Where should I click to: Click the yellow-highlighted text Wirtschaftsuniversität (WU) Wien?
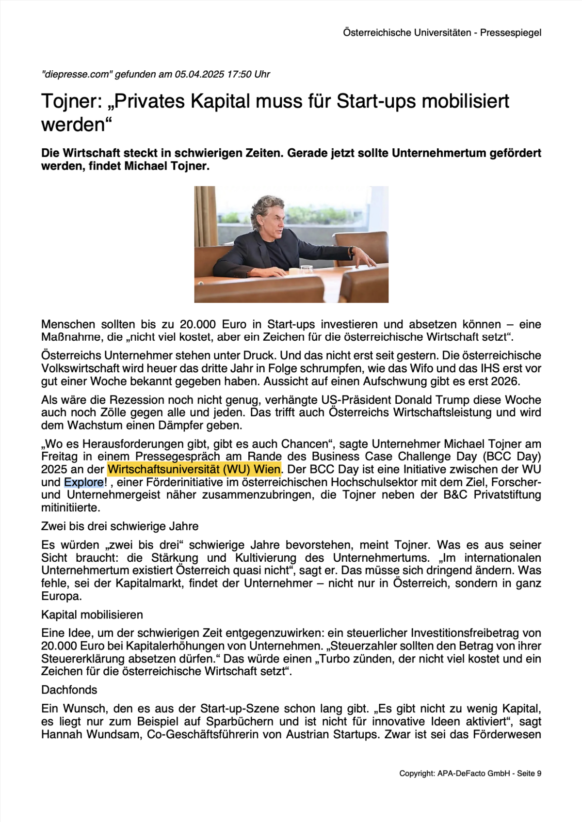[194, 469]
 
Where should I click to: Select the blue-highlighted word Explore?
[83, 482]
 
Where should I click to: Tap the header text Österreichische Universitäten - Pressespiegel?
[442, 32]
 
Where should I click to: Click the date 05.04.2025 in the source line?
[199, 74]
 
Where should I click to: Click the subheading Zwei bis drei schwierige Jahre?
[120, 526]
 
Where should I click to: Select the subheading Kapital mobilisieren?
[92, 615]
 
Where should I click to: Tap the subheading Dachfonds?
[69, 690]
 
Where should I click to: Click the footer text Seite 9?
[529, 774]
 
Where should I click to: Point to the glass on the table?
[307, 270]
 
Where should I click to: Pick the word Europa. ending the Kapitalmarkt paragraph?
[62, 596]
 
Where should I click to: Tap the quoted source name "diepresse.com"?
[77, 74]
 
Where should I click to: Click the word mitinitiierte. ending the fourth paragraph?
[71, 508]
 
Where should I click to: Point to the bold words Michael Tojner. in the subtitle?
[167, 166]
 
